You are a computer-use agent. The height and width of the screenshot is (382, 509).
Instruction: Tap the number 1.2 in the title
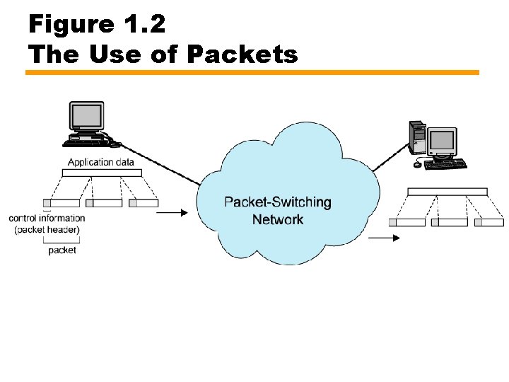click(146, 25)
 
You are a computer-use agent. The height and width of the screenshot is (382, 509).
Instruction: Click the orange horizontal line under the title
click(252, 72)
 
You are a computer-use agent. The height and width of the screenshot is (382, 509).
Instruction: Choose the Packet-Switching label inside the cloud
click(277, 202)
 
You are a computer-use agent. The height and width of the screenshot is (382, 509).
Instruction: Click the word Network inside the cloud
click(277, 219)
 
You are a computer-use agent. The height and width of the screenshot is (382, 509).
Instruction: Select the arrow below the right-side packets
click(384, 238)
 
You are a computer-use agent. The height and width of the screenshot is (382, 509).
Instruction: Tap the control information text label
click(47, 219)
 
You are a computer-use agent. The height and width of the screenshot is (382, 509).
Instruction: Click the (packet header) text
click(47, 229)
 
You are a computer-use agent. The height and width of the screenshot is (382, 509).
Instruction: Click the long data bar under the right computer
click(447, 192)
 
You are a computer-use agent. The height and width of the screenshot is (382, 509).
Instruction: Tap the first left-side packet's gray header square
click(47, 203)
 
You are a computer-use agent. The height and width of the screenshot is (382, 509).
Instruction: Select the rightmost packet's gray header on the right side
click(478, 222)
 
